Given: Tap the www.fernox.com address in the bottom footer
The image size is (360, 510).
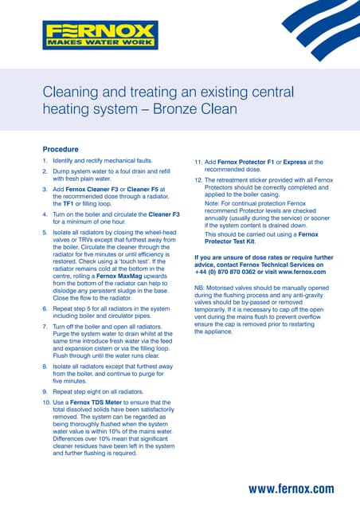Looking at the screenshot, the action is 291,488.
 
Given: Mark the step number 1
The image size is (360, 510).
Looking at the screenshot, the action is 45,161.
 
